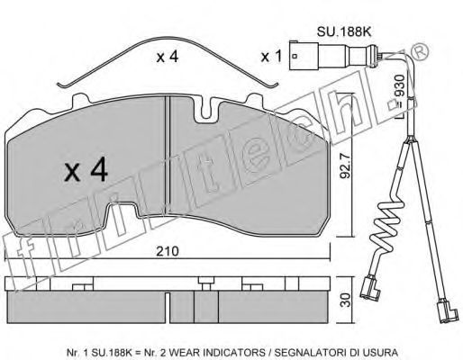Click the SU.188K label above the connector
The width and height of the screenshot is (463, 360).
click(x=344, y=31)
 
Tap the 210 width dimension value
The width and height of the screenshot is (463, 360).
click(x=168, y=251)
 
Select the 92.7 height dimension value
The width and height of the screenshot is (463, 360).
click(x=345, y=166)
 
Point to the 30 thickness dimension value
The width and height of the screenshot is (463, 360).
click(x=346, y=300)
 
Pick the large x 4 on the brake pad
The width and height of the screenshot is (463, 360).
click(x=86, y=170)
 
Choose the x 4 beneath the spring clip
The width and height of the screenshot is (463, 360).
click(x=168, y=57)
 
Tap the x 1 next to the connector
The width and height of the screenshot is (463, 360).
click(x=271, y=57)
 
